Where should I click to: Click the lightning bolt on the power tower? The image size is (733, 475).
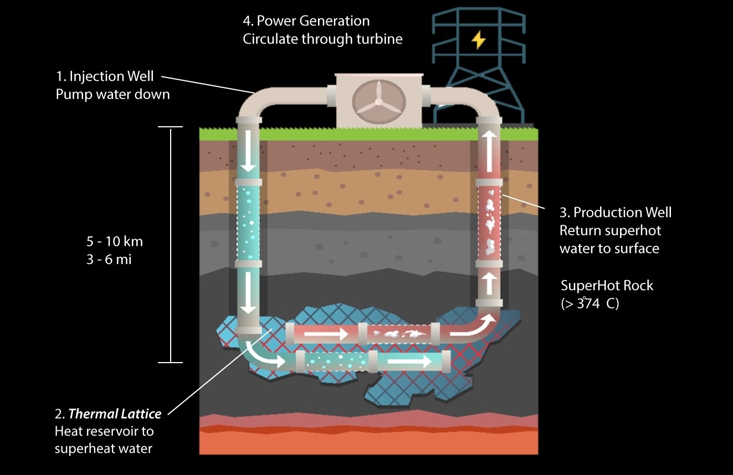point(478,40)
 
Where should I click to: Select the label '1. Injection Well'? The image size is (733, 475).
point(105,76)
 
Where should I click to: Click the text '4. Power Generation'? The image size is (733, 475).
point(306,21)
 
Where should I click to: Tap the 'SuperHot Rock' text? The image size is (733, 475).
point(607,286)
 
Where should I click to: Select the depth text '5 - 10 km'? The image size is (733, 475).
point(115,241)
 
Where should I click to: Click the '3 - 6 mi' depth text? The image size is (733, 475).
point(109,259)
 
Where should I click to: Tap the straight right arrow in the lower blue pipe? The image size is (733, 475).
point(409,362)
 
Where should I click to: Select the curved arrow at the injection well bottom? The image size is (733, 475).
point(262,356)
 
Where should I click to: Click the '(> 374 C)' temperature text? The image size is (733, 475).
point(590,303)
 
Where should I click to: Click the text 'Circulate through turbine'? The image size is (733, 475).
point(322,39)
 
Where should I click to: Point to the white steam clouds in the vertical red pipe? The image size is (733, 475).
point(490,222)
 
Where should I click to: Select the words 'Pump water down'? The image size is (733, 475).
point(112,94)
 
